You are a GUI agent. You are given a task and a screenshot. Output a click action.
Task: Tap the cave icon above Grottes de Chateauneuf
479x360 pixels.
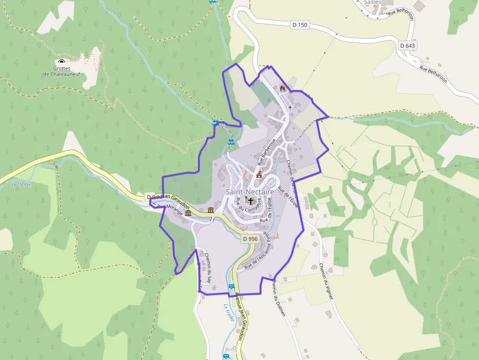click(x=62, y=62)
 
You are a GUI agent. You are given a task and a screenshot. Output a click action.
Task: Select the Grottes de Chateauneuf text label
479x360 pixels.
click(x=62, y=71)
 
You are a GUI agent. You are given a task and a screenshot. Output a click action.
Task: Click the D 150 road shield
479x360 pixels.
click(x=300, y=24)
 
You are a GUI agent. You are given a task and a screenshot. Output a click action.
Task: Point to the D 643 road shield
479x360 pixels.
click(x=407, y=45)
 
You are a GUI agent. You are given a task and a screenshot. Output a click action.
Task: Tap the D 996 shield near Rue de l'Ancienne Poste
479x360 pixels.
click(x=250, y=238)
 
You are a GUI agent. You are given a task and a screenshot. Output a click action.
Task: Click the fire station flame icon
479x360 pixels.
click(x=282, y=88)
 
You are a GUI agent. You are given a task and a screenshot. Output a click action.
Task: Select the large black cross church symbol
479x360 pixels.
click(x=251, y=200)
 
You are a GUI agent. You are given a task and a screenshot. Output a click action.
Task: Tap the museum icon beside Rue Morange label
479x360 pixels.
click(x=188, y=213)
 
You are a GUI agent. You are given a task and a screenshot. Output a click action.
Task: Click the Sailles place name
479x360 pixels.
click(x=372, y=2)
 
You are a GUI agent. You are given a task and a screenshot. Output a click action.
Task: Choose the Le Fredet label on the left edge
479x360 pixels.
click(x=21, y=185)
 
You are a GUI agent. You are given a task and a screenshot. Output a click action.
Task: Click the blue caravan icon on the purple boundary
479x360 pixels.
click(x=232, y=287)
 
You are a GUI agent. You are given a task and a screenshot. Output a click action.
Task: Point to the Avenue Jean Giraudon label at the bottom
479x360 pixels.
click(x=239, y=318)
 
